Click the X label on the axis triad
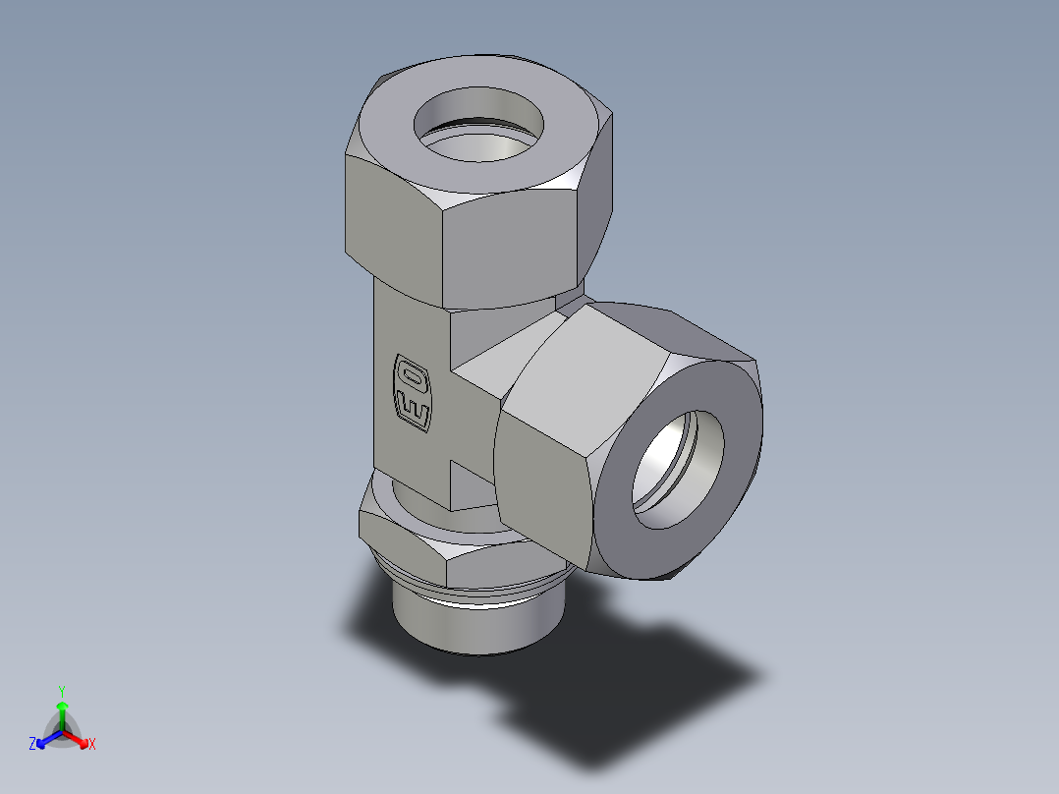91,745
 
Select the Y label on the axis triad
62,690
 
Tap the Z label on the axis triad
32,745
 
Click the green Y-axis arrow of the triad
62,712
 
